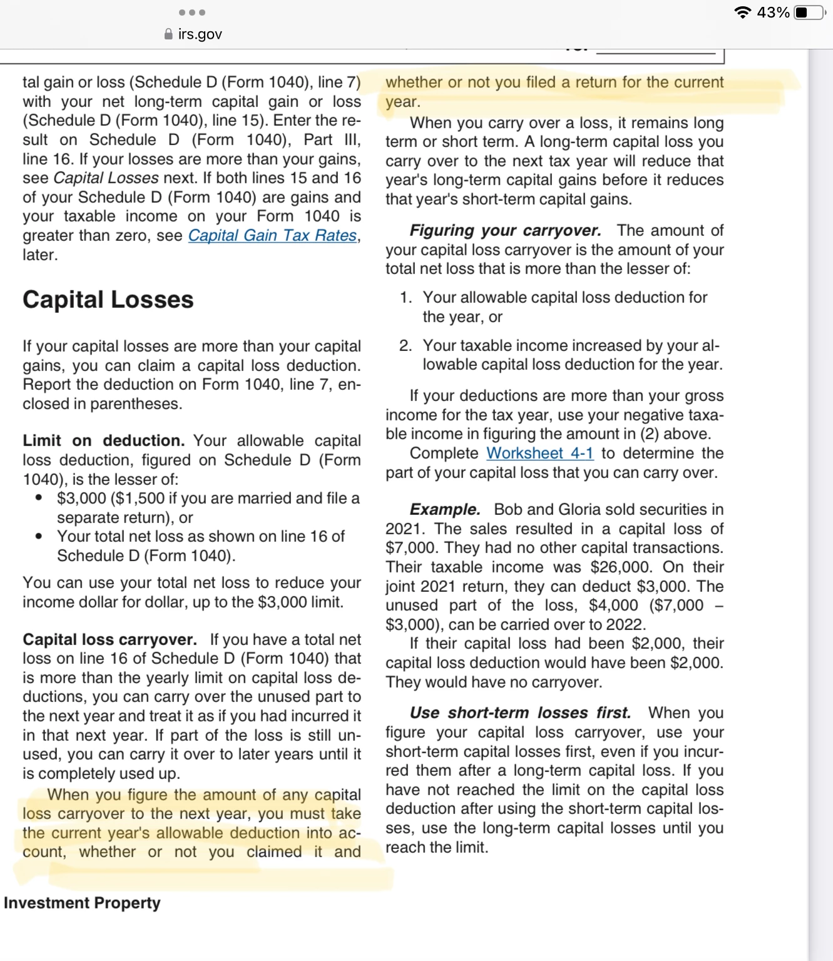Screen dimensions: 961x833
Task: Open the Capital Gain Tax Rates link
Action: pyautogui.click(x=273, y=236)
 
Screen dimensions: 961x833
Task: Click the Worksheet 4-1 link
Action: pyautogui.click(x=539, y=453)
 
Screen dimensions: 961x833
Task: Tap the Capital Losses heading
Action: pyautogui.click(x=108, y=300)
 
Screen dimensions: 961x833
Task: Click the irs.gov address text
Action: pyautogui.click(x=200, y=34)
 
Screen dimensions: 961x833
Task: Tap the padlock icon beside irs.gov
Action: pyautogui.click(x=168, y=34)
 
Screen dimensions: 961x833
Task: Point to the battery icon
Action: pyautogui.click(x=809, y=13)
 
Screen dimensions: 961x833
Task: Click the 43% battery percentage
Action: pyautogui.click(x=773, y=13)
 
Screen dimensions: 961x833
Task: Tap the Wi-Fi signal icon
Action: pyautogui.click(x=743, y=13)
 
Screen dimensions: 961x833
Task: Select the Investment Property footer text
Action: pyautogui.click(x=82, y=903)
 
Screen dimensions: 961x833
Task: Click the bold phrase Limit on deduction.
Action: pyautogui.click(x=103, y=440)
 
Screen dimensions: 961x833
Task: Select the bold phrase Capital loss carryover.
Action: pyautogui.click(x=110, y=639)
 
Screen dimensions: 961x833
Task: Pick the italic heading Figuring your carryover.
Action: pyautogui.click(x=505, y=230)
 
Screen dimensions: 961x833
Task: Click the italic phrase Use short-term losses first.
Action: pyautogui.click(x=520, y=713)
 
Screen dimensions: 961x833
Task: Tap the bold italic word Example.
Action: pyautogui.click(x=445, y=509)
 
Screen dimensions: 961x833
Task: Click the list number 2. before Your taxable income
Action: pyautogui.click(x=406, y=345)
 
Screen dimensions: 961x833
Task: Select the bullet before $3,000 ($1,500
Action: pyautogui.click(x=39, y=499)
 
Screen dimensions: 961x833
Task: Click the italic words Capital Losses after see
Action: pyautogui.click(x=106, y=178)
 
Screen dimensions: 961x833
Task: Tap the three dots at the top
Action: pyautogui.click(x=192, y=13)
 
